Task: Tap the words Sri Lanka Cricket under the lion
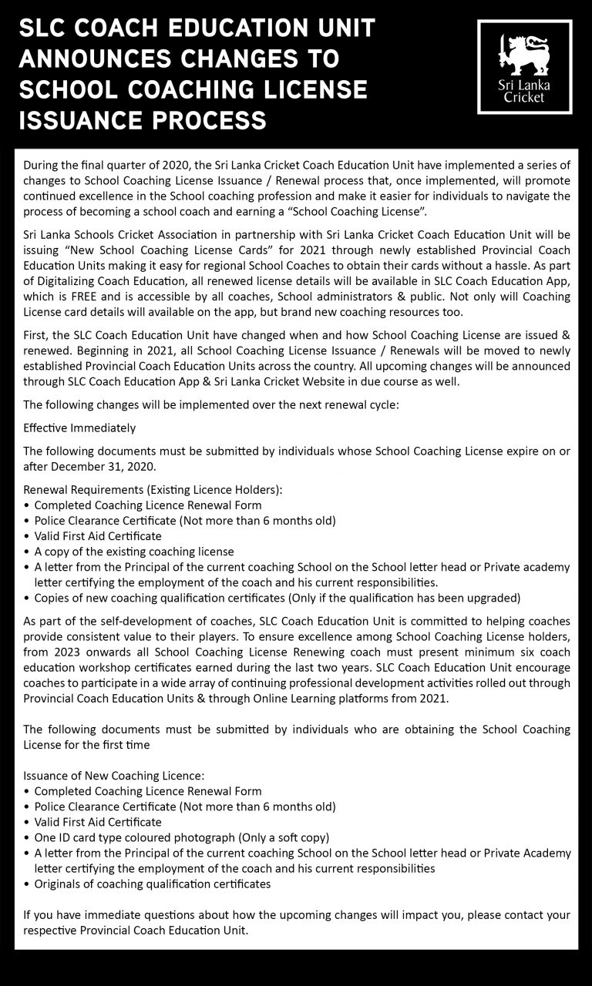coord(525,92)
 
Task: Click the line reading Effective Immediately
coord(79,428)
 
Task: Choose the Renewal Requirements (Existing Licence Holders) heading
coord(153,490)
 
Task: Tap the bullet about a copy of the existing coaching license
coord(134,552)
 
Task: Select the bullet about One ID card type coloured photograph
coord(182,837)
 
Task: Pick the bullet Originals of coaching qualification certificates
coord(153,884)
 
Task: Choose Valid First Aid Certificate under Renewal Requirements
coord(98,536)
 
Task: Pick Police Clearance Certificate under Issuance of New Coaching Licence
coord(185,807)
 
